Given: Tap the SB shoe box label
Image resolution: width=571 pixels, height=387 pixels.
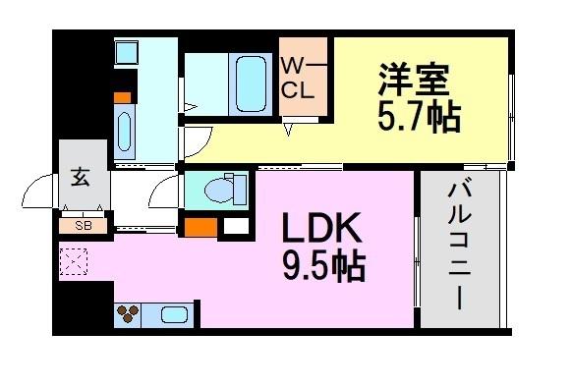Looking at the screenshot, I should (x=83, y=225).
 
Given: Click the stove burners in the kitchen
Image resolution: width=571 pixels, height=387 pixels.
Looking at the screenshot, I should (x=129, y=315).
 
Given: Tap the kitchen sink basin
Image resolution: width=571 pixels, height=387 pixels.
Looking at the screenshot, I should (x=175, y=315).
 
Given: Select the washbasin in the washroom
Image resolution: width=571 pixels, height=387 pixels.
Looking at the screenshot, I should (x=125, y=131).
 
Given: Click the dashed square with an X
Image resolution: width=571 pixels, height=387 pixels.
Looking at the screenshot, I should (x=73, y=262).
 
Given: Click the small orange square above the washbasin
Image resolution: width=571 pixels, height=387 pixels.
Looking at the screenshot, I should (x=123, y=97).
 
